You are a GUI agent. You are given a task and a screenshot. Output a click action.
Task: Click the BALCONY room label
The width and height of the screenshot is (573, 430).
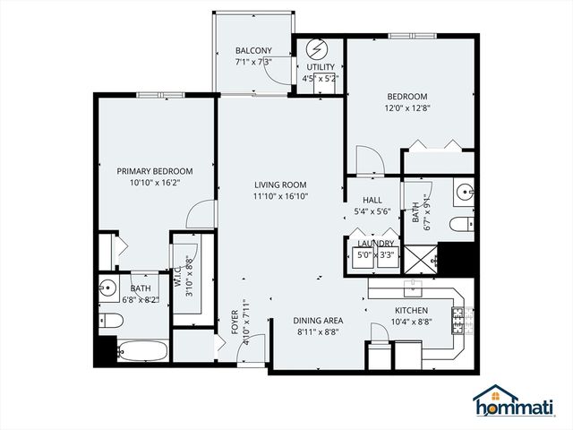pos(253,50)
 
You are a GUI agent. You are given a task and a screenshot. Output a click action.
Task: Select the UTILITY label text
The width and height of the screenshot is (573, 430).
pos(320,67)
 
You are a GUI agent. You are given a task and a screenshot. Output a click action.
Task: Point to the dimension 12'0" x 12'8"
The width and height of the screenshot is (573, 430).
pos(407,111)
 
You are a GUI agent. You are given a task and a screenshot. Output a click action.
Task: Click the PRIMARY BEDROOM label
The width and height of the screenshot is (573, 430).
pos(155,171)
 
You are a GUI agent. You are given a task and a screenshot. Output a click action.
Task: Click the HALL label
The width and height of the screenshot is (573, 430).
pos(373,201)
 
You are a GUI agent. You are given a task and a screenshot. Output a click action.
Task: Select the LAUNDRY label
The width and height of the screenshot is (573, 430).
pos(375,243)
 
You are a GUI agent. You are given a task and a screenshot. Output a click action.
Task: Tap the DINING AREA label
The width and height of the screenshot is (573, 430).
pos(318,320)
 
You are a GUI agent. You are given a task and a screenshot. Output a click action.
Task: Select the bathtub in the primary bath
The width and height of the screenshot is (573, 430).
pos(142,350)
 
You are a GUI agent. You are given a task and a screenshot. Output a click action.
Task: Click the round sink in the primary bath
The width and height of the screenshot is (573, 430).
pos(107,289)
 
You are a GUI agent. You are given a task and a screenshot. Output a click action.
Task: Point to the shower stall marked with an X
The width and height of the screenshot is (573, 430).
pos(420,259)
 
